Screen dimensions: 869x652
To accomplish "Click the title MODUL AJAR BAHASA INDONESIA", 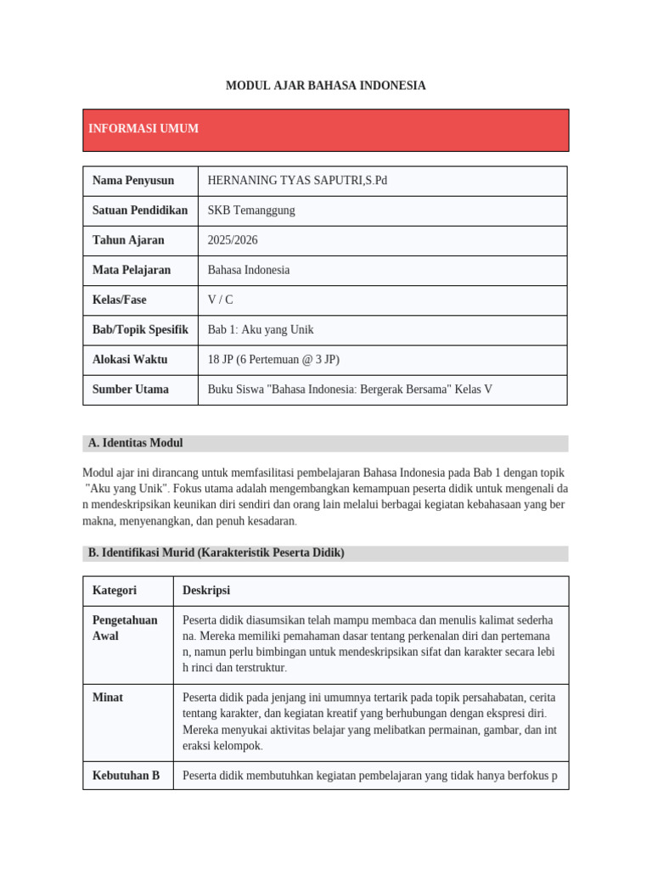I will click(325, 86).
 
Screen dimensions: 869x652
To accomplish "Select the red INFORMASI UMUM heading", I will click(143, 129).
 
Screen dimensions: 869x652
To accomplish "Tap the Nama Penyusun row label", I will click(133, 181).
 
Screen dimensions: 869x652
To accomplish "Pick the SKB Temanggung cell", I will click(251, 210).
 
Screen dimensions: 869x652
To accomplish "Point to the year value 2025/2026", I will click(233, 240).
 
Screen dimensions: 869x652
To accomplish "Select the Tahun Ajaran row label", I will click(128, 240).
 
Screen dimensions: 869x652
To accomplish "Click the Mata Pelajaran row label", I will click(132, 270).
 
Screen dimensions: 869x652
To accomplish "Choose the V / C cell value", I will click(220, 300).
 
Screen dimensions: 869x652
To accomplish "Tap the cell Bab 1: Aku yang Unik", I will click(261, 329).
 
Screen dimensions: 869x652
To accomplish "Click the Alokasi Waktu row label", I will click(130, 359).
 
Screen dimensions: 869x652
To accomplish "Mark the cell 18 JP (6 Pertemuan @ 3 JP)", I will click(273, 359).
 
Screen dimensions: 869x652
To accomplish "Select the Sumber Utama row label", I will click(131, 390).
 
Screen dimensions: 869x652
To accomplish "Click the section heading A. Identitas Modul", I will click(136, 443).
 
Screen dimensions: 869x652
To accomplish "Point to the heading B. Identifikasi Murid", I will click(216, 552).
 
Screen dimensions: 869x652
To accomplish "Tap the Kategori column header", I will click(115, 591).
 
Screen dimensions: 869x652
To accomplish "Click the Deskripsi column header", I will click(206, 591).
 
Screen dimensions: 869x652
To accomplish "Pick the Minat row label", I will click(108, 698).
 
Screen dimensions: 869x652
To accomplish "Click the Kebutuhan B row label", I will click(126, 775).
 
